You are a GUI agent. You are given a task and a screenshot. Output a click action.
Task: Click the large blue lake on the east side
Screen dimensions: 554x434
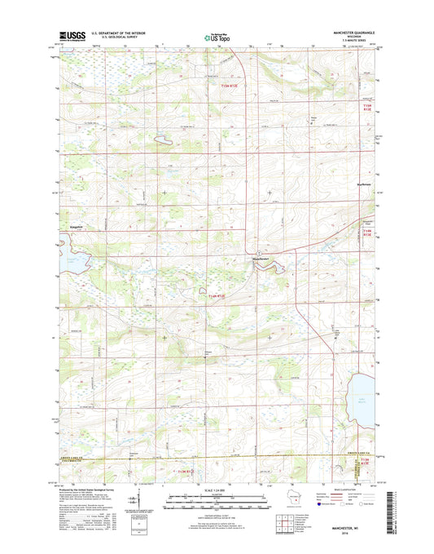(363, 400)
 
